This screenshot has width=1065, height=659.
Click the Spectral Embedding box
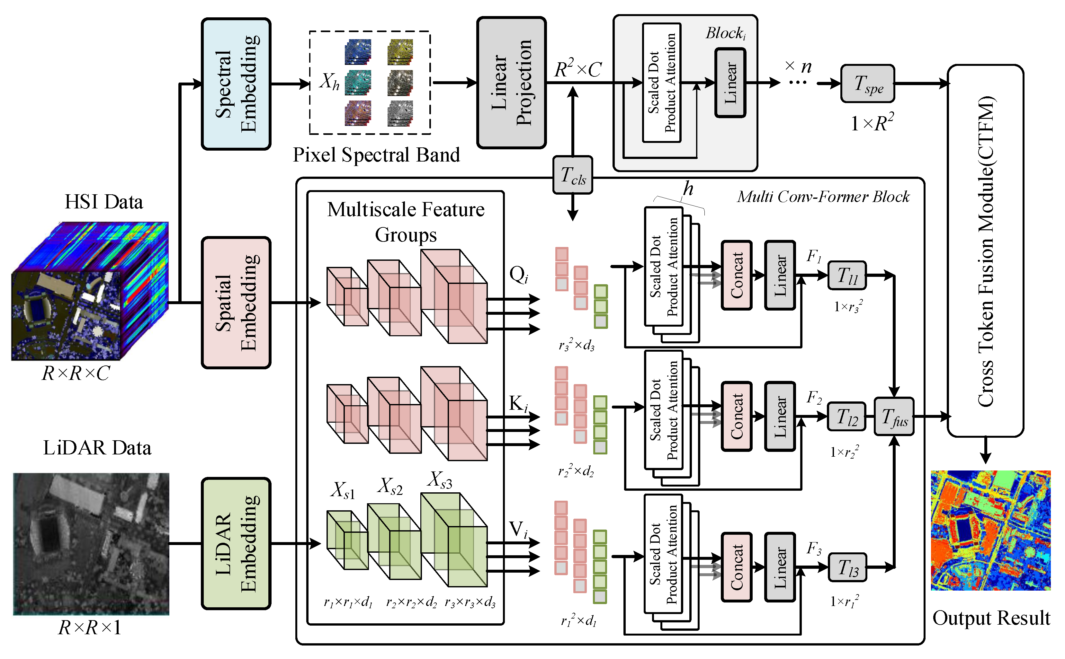point(236,84)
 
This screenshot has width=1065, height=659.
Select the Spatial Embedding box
point(236,303)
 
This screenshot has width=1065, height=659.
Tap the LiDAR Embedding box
point(236,543)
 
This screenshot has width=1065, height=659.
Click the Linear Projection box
point(511,83)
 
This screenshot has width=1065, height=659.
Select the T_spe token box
point(867,84)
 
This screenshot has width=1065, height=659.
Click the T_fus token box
point(894,416)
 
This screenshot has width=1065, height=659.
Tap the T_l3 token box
point(847,567)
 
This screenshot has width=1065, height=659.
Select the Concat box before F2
point(736,416)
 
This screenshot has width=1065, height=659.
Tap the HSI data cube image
point(89,291)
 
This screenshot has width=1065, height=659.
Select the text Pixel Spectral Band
point(376,155)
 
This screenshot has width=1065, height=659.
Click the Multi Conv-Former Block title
point(823,197)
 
